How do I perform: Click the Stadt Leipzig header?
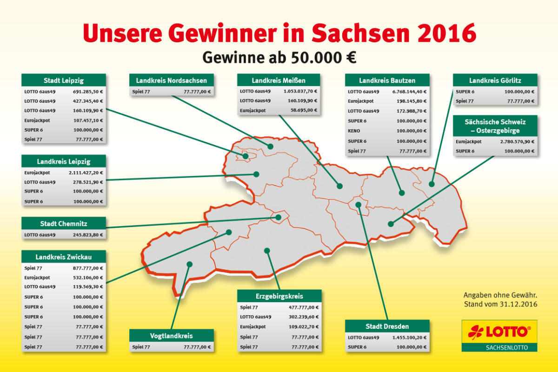click(x=64, y=80)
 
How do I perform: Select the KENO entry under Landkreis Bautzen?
click(x=354, y=131)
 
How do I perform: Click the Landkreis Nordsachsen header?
click(x=171, y=80)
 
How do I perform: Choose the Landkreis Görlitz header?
click(x=495, y=80)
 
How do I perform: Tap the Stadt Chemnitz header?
click(x=64, y=223)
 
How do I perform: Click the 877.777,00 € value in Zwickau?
click(x=88, y=268)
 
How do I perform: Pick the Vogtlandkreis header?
click(x=172, y=335)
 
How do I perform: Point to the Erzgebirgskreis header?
click(x=279, y=296)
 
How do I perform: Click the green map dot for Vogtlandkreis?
click(x=189, y=264)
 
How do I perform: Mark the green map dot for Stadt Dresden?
click(x=358, y=205)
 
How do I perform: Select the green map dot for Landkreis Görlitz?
click(x=432, y=184)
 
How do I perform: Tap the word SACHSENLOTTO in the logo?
click(x=499, y=347)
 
